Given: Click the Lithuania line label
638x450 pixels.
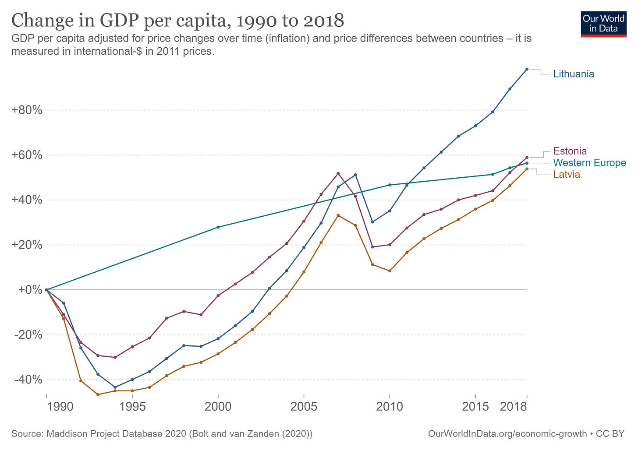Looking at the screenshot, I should pyautogui.click(x=573, y=74).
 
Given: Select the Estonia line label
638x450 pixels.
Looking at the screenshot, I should pyautogui.click(x=570, y=151).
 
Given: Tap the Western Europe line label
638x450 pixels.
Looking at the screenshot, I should pyautogui.click(x=589, y=163).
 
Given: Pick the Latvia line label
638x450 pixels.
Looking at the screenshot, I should pyautogui.click(x=567, y=175).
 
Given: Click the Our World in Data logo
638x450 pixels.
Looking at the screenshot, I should pyautogui.click(x=603, y=24).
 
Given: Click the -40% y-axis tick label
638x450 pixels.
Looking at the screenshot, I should pyautogui.click(x=28, y=380).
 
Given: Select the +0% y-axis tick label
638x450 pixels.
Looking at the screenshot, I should pyautogui.click(x=30, y=290).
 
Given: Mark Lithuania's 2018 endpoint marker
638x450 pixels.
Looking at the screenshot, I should pyautogui.click(x=527, y=69).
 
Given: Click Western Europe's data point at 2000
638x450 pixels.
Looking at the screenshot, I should pyautogui.click(x=218, y=227).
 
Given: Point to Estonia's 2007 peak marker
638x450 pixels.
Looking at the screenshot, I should pyautogui.click(x=338, y=173).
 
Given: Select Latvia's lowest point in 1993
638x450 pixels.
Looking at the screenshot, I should pyautogui.click(x=98, y=394).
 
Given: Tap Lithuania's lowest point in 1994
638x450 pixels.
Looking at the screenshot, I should pyautogui.click(x=115, y=387).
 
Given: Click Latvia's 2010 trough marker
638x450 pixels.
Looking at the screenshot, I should pyautogui.click(x=390, y=271).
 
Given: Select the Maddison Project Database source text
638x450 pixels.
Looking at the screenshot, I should pyautogui.click(x=162, y=434).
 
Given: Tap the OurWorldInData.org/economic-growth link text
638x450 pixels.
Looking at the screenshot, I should pyautogui.click(x=507, y=434).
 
